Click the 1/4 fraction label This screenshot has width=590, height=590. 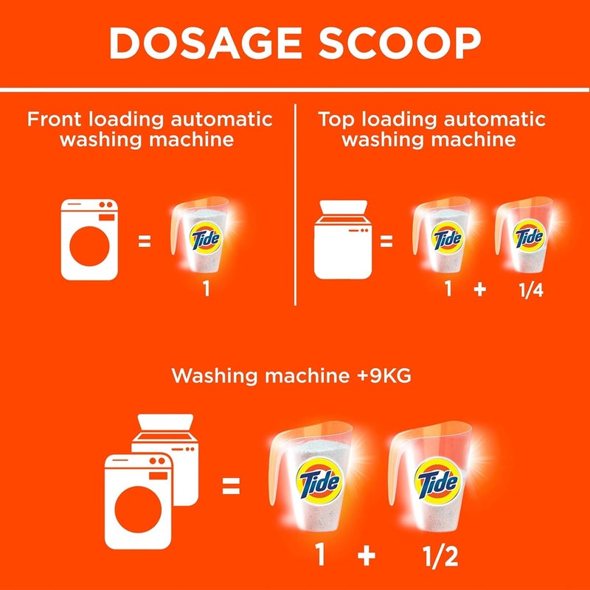click(x=528, y=290)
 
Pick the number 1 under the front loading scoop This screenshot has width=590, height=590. click(x=207, y=290)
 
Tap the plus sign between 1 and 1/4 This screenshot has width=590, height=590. click(x=480, y=290)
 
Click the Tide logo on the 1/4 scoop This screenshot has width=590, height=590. click(x=528, y=237)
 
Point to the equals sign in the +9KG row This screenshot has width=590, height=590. click(x=231, y=485)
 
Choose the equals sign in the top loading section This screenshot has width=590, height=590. click(x=386, y=240)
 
